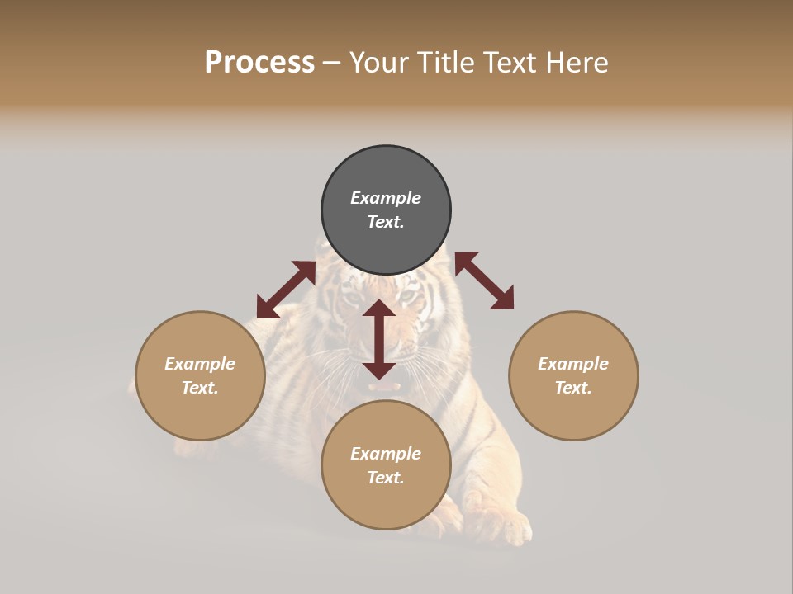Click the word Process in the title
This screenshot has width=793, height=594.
pyautogui.click(x=259, y=63)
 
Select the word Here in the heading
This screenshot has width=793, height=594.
pyautogui.click(x=578, y=63)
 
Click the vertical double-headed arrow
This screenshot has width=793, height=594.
pyautogui.click(x=379, y=339)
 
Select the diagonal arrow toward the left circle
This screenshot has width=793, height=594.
pyautogui.click(x=286, y=290)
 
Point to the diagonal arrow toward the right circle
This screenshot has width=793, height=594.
pyautogui.click(x=484, y=280)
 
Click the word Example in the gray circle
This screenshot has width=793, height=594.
pyautogui.click(x=386, y=198)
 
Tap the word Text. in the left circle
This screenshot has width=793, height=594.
pyautogui.click(x=200, y=388)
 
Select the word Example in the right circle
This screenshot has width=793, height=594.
pyautogui.click(x=573, y=364)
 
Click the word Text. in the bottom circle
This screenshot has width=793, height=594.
pyautogui.click(x=386, y=478)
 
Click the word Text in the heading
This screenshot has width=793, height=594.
pyautogui.click(x=514, y=63)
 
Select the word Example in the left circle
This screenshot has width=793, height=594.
pyautogui.click(x=200, y=364)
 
